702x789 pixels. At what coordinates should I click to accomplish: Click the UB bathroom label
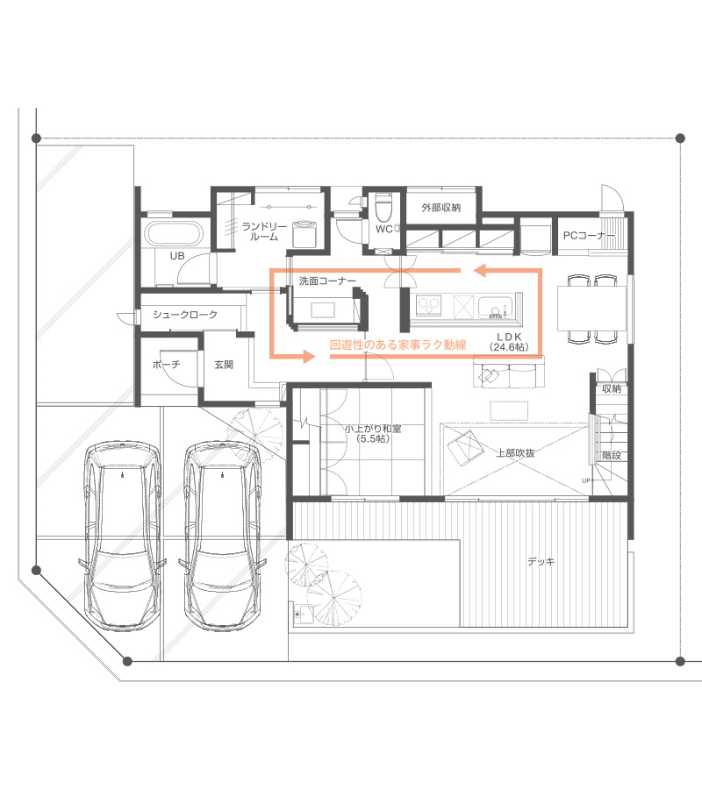click(177, 256)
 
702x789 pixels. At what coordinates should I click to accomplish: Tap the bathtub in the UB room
click(173, 234)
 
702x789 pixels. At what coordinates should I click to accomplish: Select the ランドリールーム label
click(264, 231)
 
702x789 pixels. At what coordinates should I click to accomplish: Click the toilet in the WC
click(383, 208)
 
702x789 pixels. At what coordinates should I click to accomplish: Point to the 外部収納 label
click(441, 207)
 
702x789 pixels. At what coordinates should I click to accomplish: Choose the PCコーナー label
click(589, 235)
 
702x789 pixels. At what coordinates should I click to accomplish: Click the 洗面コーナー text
click(327, 281)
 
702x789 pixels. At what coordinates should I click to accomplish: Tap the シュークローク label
click(185, 315)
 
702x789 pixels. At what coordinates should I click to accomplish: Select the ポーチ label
click(166, 365)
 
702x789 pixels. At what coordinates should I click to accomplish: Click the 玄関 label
click(224, 365)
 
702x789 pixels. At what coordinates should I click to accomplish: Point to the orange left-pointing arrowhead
click(480, 271)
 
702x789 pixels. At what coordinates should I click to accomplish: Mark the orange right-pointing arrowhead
click(309, 357)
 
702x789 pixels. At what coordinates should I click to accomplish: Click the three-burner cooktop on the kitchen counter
click(429, 305)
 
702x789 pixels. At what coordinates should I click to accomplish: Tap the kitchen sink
click(495, 307)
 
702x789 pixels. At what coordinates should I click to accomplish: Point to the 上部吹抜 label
click(516, 453)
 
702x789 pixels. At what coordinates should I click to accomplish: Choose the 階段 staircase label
click(612, 455)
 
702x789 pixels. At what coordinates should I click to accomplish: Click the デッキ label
click(541, 561)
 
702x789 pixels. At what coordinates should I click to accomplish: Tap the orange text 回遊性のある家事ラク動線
click(398, 345)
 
